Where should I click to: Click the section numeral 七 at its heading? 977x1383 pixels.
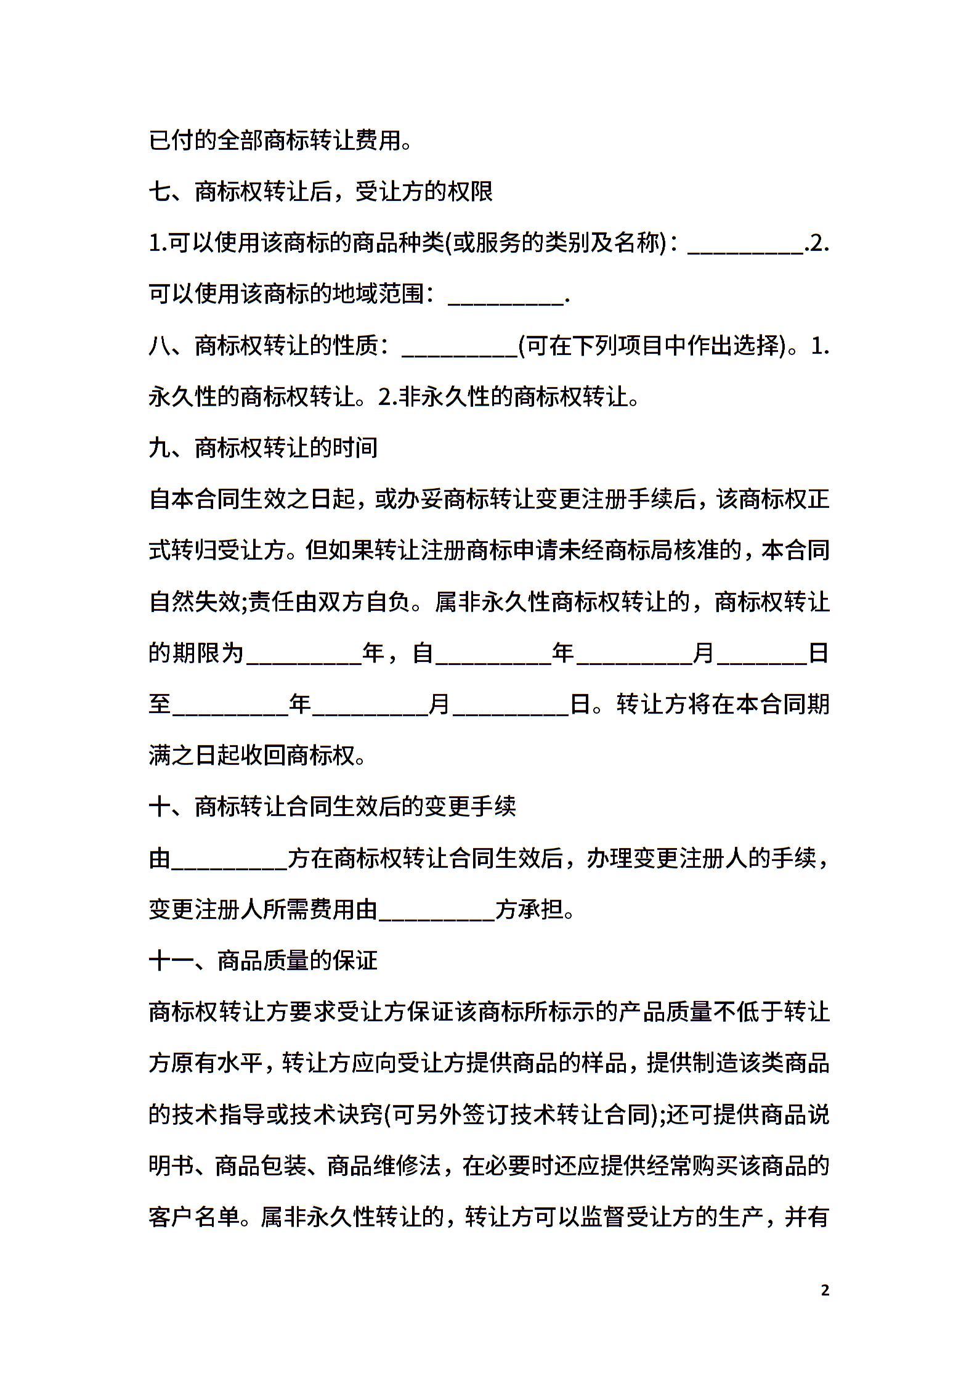(160, 192)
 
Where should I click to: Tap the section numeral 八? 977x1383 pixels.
(160, 346)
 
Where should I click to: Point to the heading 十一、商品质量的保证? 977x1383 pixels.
(263, 961)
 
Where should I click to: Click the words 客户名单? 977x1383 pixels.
(194, 1217)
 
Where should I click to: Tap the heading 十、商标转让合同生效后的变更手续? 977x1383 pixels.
(332, 807)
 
